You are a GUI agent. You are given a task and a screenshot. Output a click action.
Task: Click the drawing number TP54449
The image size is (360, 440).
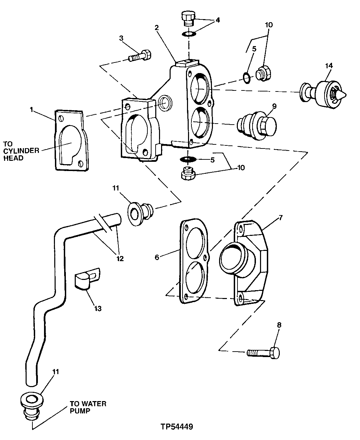click(x=177, y=427)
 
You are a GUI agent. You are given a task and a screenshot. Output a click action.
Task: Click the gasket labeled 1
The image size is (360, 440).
click(x=70, y=139)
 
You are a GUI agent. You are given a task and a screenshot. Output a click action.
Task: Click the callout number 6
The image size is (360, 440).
click(x=157, y=257)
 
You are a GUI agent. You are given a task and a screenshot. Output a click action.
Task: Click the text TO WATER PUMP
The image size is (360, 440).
click(x=88, y=407)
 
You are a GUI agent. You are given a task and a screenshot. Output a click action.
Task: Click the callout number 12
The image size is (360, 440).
click(x=119, y=258)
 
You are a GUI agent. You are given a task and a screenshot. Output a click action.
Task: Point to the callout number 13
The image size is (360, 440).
click(x=98, y=309)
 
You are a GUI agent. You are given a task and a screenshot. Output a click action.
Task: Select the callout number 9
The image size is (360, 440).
click(x=274, y=107)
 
